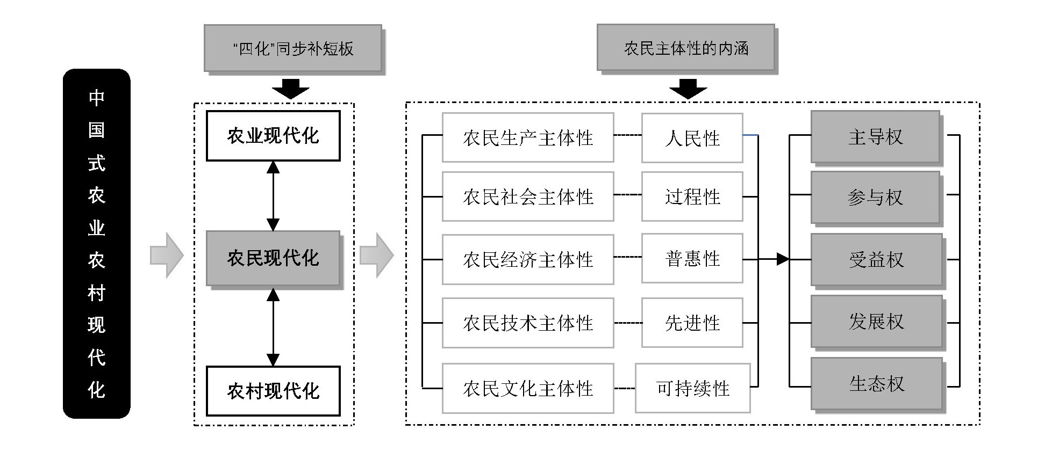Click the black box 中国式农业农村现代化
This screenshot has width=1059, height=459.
(96, 243)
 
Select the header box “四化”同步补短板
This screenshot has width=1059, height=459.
(293, 48)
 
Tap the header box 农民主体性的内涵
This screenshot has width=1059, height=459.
(686, 48)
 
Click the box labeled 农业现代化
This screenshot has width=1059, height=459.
(273, 136)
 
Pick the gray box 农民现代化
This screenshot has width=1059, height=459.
(273, 258)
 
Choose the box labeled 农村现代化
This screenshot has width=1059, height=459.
(273, 391)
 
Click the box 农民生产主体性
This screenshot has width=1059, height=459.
(527, 138)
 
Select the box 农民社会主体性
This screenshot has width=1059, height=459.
(527, 196)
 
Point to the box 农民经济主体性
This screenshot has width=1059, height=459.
(527, 259)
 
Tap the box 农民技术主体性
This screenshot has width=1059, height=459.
(527, 323)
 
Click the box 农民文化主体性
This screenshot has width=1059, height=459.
(527, 388)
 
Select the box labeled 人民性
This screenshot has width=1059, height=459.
(692, 138)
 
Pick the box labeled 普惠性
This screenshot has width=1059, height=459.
(692, 259)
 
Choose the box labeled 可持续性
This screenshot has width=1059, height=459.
(692, 388)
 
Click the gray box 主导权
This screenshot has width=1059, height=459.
(875, 137)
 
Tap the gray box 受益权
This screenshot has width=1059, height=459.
(876, 260)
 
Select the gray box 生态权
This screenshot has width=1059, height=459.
(876, 384)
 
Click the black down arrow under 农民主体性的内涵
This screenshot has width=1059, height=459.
(688, 89)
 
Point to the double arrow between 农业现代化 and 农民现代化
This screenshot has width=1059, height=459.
(273, 196)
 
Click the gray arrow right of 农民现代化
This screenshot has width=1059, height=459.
(376, 256)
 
